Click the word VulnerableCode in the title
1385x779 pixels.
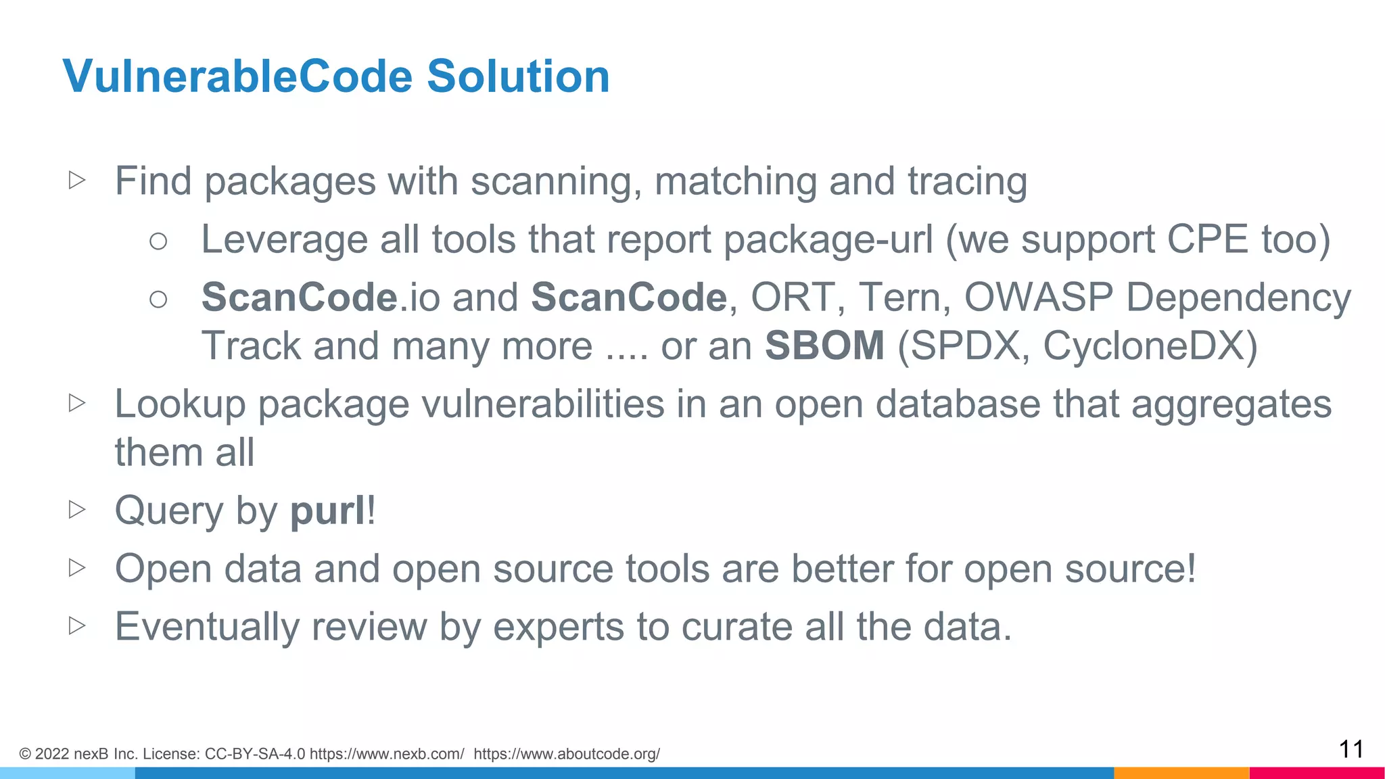(x=237, y=76)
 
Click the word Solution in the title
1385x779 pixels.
(x=518, y=76)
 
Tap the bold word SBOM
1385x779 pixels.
(x=824, y=346)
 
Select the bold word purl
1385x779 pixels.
(x=328, y=511)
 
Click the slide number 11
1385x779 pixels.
(x=1351, y=749)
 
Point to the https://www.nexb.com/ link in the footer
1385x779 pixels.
(x=387, y=754)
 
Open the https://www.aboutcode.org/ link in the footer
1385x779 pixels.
(x=567, y=754)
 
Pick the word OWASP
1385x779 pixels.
(x=1038, y=298)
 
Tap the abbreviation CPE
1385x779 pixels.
(x=1207, y=239)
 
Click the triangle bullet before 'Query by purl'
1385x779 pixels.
(x=77, y=509)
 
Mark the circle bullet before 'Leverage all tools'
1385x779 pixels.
(x=158, y=241)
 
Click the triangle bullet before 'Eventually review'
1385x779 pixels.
(x=77, y=625)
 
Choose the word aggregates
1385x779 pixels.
(x=1231, y=406)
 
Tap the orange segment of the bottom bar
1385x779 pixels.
(x=1181, y=773)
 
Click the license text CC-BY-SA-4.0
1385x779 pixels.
(x=255, y=754)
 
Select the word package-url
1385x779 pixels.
(x=828, y=241)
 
